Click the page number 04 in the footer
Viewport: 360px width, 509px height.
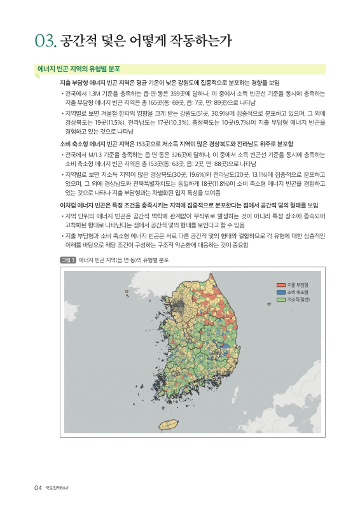pos(38,488)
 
